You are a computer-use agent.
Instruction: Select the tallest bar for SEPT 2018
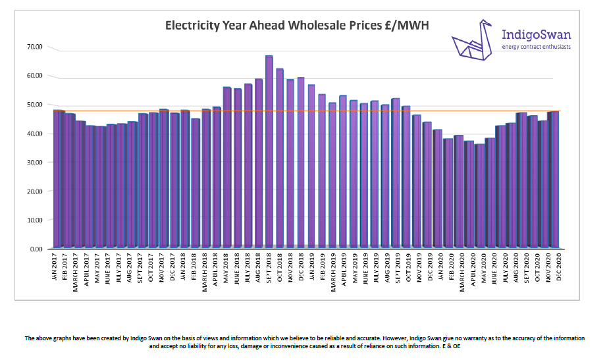pos(269,151)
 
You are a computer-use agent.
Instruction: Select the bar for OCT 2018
pos(279,158)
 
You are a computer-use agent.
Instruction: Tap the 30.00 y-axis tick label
pos(35,163)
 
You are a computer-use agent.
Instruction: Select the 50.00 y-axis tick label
pos(35,105)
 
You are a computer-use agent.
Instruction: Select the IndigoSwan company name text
pos(536,34)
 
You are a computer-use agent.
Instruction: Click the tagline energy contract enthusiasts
pos(536,47)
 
